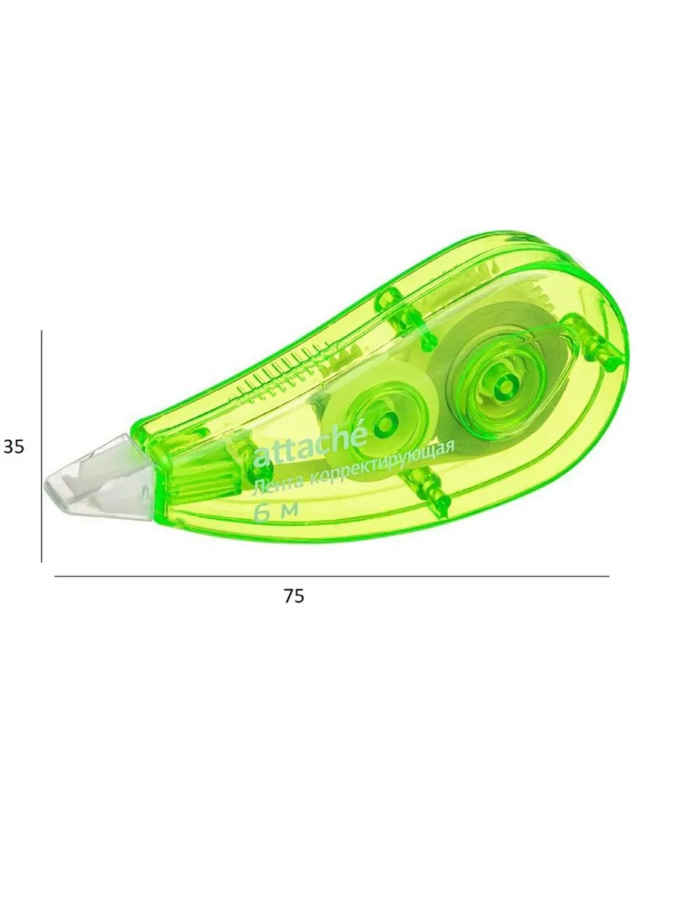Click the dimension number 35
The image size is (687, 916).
tap(14, 447)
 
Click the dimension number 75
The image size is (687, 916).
tap(294, 596)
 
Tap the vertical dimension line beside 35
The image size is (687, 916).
tap(42, 446)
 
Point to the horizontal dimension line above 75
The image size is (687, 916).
tap(331, 576)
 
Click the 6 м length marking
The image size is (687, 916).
tap(276, 511)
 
